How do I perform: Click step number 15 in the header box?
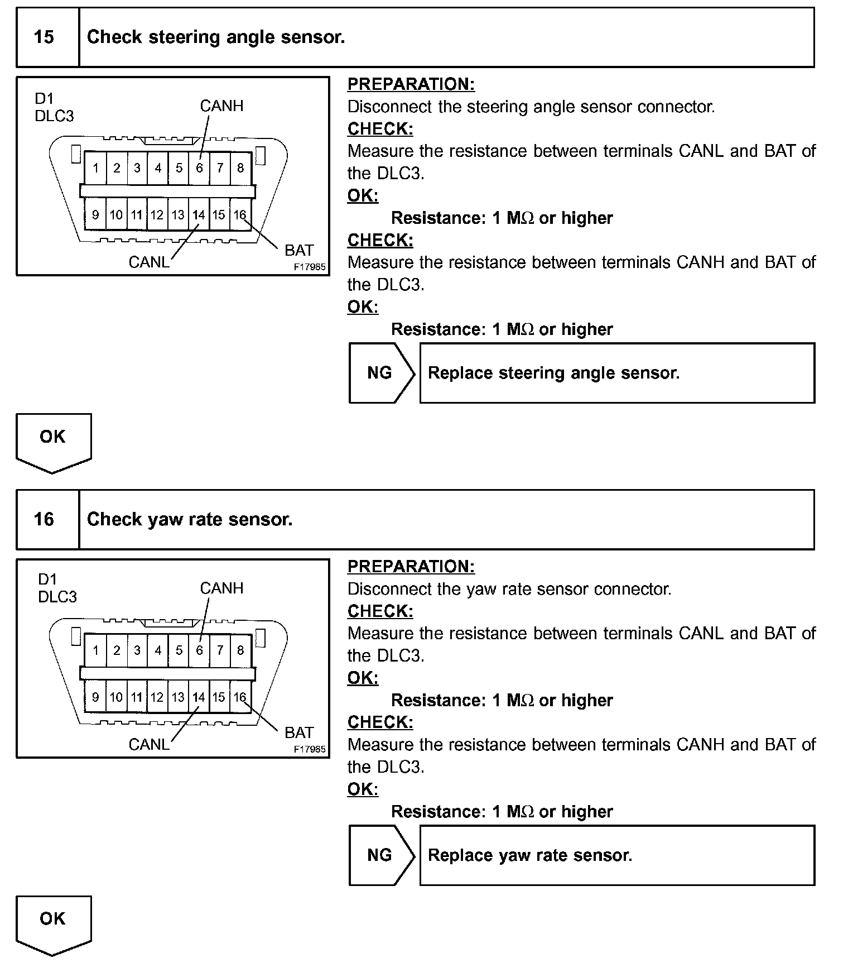(x=44, y=37)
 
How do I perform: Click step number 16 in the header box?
(x=44, y=520)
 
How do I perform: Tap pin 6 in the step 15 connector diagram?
(x=199, y=167)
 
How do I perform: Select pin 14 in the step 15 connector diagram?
(x=199, y=215)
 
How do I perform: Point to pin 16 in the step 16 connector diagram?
(x=240, y=697)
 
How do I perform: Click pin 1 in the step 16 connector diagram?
(x=96, y=650)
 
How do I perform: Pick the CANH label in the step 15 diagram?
(x=221, y=106)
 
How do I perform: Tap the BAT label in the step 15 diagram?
(x=299, y=250)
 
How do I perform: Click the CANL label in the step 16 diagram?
(x=148, y=744)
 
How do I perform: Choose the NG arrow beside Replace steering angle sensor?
(x=380, y=373)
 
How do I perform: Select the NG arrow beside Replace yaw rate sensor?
(x=380, y=855)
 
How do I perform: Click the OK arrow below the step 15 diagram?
(x=53, y=441)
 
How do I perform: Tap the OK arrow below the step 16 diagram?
(x=53, y=923)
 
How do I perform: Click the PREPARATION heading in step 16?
(x=411, y=567)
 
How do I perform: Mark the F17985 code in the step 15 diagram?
(x=310, y=267)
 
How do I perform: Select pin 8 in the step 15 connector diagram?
(x=240, y=167)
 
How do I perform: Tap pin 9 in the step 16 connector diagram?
(x=96, y=697)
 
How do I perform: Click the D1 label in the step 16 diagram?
(x=47, y=580)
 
